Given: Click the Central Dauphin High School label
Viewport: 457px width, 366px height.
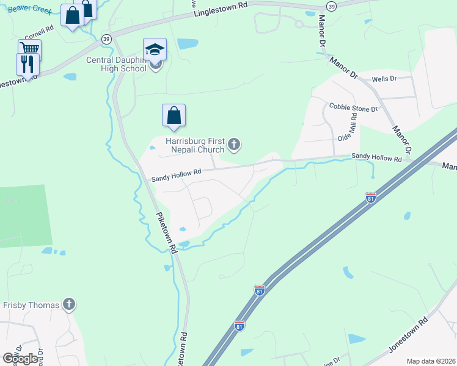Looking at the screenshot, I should pyautogui.click(x=116, y=64).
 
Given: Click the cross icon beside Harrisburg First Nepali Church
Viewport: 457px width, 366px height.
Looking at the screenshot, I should pyautogui.click(x=233, y=145).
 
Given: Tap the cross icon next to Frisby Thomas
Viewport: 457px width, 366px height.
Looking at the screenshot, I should pyautogui.click(x=69, y=304).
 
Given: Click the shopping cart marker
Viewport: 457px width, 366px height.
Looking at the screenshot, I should pyautogui.click(x=29, y=49).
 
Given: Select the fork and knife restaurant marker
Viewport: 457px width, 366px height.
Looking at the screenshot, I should pyautogui.click(x=27, y=64).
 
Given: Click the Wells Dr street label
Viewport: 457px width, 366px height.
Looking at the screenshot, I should pyautogui.click(x=384, y=79).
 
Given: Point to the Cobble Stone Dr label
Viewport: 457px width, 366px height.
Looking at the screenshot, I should pyautogui.click(x=354, y=107).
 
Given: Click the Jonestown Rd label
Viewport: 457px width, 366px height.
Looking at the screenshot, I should pyautogui.click(x=408, y=335).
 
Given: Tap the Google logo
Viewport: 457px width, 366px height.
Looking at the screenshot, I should pyautogui.click(x=21, y=359).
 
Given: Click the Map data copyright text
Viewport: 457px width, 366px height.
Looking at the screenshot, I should pyautogui.click(x=431, y=361).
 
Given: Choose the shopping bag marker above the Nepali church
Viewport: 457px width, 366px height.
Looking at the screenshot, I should pyautogui.click(x=174, y=115).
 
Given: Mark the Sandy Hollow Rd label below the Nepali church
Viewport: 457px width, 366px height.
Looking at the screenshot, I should pyautogui.click(x=177, y=173).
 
